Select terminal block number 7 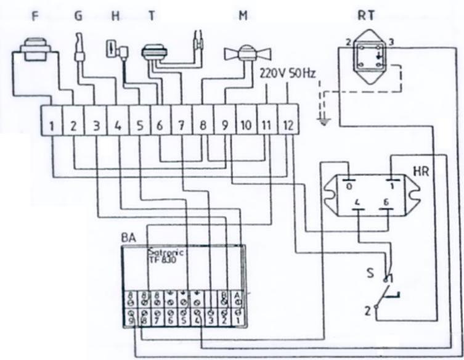pos(181,125)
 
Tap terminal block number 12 pos(288,125)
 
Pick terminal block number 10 pos(245,125)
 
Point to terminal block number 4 pos(117,125)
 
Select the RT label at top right pos(366,15)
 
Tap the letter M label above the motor pos(243,15)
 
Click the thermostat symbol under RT pos(367,59)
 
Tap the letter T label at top pos(151,15)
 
